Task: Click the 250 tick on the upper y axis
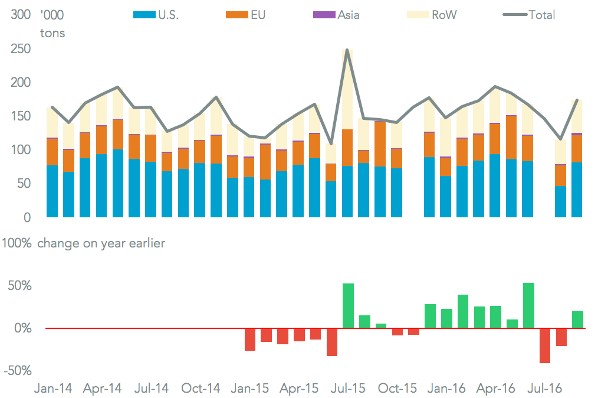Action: click(22, 49)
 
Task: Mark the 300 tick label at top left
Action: click(22, 15)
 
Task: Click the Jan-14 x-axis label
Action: click(53, 389)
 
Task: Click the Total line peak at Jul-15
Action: click(347, 50)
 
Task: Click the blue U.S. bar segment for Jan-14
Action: click(52, 191)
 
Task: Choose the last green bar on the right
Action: click(577, 319)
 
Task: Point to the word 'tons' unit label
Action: click(52, 33)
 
